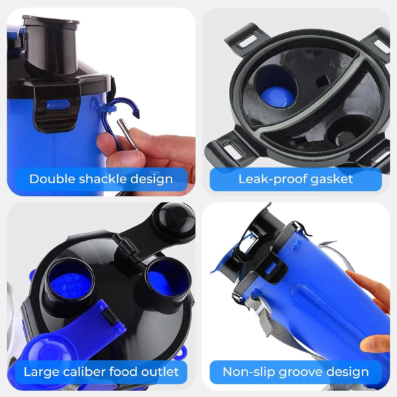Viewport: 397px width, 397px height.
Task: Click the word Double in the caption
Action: click(x=52, y=179)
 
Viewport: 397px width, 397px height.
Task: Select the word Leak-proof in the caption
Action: click(x=272, y=179)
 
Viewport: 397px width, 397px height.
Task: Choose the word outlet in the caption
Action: click(x=160, y=372)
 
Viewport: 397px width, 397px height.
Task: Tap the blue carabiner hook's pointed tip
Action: click(x=138, y=116)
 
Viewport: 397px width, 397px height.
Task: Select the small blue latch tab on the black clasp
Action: click(x=58, y=105)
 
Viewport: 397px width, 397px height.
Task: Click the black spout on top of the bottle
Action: click(x=52, y=43)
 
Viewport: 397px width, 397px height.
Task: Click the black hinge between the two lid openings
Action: click(x=125, y=247)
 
